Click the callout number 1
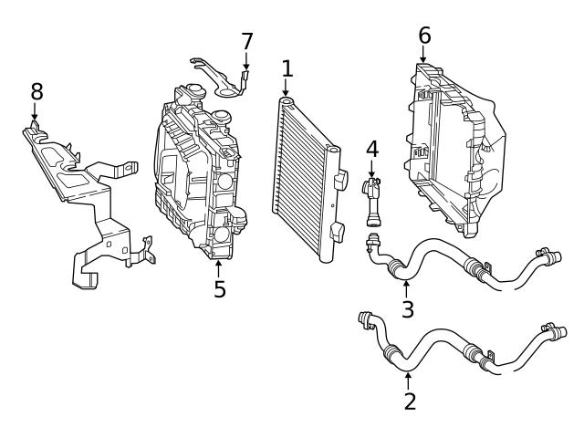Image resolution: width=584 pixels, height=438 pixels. [287, 68]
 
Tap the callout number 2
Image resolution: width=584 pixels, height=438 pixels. [409, 400]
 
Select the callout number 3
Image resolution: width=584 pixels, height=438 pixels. [407, 309]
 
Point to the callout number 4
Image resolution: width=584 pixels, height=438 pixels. [371, 148]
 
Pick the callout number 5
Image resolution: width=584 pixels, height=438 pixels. [219, 290]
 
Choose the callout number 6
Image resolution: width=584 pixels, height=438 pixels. [423, 36]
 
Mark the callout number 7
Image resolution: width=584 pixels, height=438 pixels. [246, 42]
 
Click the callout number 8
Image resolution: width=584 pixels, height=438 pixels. [36, 91]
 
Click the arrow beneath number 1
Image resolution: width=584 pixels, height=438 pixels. [287, 89]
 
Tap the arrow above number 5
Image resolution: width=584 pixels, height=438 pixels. [219, 268]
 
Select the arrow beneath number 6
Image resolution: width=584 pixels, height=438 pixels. [423, 56]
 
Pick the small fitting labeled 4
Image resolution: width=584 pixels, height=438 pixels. [373, 197]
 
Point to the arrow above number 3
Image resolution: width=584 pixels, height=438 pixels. [407, 287]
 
